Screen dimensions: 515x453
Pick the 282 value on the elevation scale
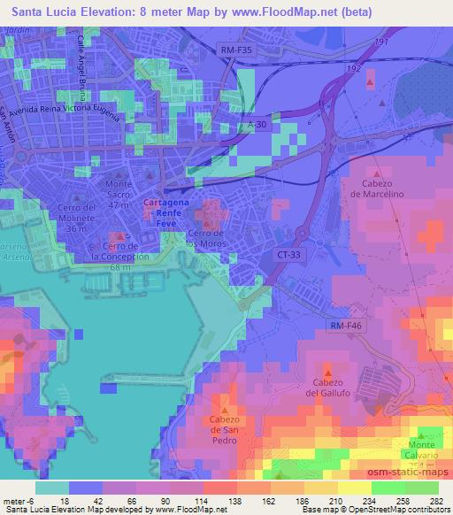[x=434, y=500]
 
